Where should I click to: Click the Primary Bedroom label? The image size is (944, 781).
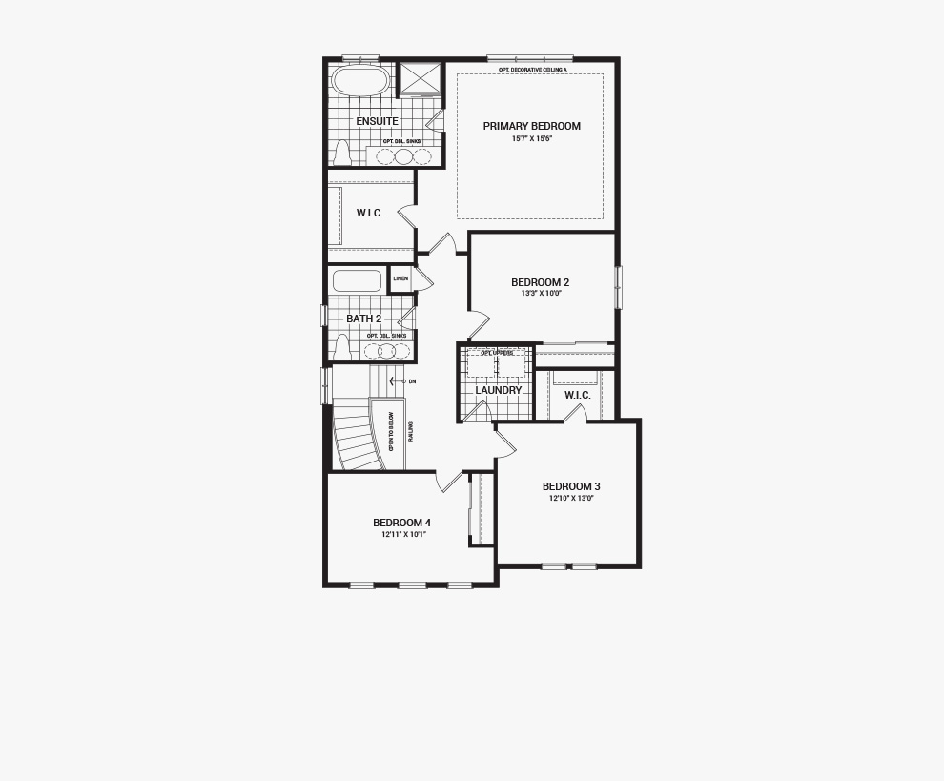[x=531, y=126]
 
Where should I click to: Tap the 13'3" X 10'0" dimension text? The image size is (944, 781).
[x=541, y=294]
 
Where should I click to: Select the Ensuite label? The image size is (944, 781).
[x=377, y=122]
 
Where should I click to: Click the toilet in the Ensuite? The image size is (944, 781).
[x=341, y=152]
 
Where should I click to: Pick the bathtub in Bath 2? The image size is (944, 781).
[x=357, y=281]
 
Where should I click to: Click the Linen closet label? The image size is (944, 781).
[x=400, y=278]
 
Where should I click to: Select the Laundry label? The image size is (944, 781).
[x=499, y=390]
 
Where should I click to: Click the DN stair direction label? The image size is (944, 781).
[x=412, y=381]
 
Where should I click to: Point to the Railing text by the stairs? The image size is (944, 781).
[x=411, y=432]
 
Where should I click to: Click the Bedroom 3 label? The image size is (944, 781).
[x=571, y=486]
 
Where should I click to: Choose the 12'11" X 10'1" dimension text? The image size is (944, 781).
[x=402, y=534]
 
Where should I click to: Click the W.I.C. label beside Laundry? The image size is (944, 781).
[x=577, y=395]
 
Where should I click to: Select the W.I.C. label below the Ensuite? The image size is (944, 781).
[x=370, y=213]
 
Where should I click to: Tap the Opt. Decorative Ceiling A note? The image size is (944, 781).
[x=532, y=70]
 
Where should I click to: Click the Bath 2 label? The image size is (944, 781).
[x=363, y=319]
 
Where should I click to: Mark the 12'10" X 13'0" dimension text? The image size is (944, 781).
[x=571, y=498]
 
